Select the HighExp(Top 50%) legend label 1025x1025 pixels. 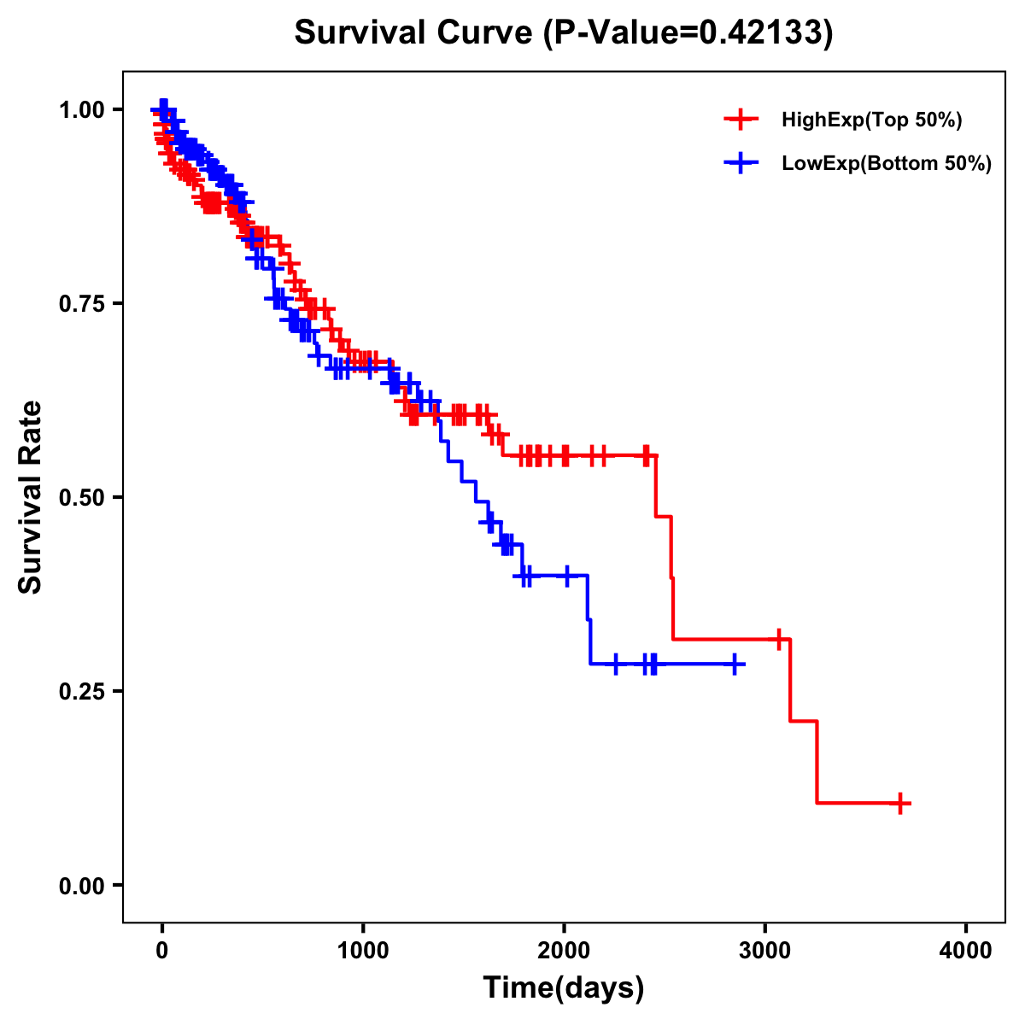tap(871, 120)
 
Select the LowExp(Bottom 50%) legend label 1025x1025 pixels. tap(887, 164)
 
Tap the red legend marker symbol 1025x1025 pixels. tap(741, 120)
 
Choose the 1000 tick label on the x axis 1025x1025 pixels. tap(363, 951)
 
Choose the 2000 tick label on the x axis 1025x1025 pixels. tap(564, 951)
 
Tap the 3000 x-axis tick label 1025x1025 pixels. tap(765, 951)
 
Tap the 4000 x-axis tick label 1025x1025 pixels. tap(966, 951)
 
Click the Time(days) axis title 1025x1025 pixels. tap(564, 988)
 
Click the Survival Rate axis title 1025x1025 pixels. tap(31, 497)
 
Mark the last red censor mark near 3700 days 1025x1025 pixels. tap(900, 803)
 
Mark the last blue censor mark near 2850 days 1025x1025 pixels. tap(734, 664)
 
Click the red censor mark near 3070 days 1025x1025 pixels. tap(779, 638)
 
